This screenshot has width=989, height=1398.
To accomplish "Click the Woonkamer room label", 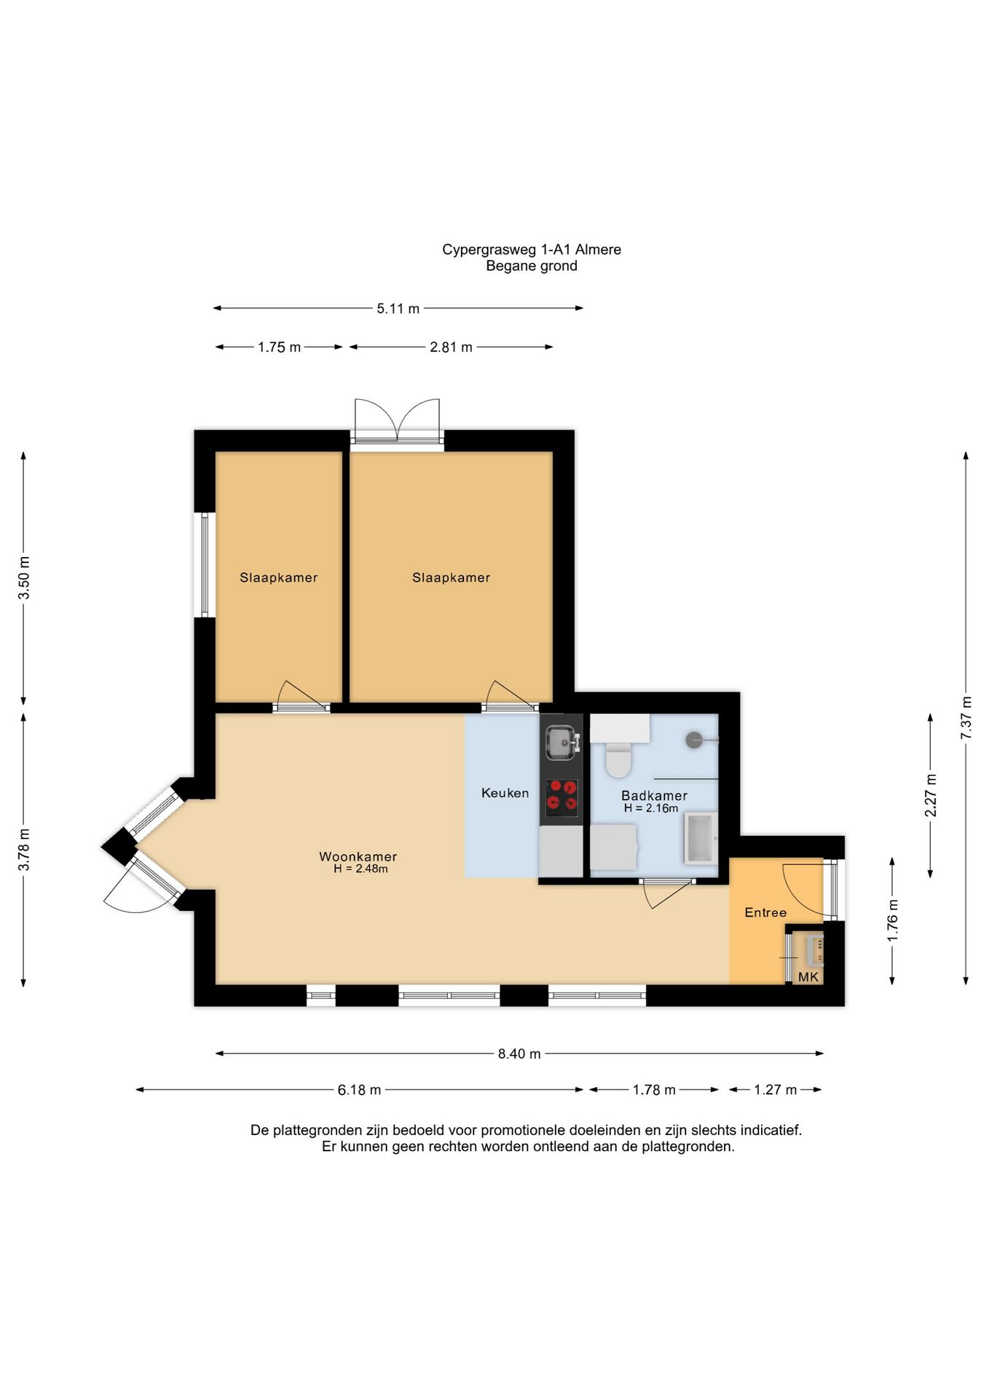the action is point(358,856).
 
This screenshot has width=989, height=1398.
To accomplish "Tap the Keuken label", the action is point(505,793).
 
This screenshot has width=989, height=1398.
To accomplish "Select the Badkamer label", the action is point(654,796).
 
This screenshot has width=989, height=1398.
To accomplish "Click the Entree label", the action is point(765,912).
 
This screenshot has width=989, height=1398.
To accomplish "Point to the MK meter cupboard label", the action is point(808,977).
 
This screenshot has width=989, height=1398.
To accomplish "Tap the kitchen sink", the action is point(562,742).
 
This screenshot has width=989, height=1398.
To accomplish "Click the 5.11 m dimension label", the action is point(398,309).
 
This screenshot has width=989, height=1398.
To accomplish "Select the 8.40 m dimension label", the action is point(519,1054).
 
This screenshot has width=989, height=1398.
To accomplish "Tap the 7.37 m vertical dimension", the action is point(966,718).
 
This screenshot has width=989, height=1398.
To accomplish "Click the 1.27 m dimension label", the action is point(775,1090).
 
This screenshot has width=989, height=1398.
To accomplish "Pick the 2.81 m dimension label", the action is point(451,347).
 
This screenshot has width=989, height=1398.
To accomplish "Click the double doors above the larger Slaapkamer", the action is point(397,420).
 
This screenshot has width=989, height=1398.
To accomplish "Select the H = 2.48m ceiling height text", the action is point(360,869).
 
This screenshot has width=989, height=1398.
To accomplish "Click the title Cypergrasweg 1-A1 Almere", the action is point(532,250).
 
